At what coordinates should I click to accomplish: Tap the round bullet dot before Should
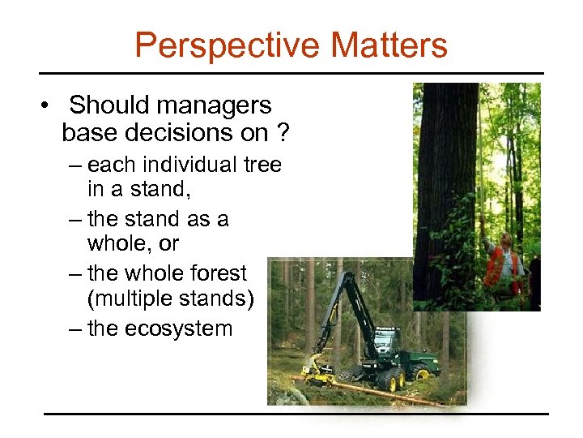(49, 106)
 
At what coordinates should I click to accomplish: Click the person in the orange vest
(504, 264)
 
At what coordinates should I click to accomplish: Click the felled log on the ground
(381, 389)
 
